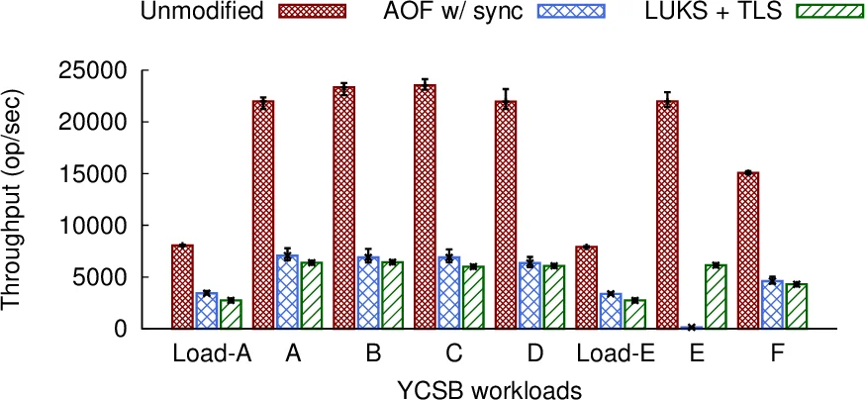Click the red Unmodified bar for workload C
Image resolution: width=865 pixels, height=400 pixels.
[426, 207]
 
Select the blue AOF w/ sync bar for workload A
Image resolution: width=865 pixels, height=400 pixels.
[288, 292]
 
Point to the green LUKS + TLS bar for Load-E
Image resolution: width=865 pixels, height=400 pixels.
[635, 314]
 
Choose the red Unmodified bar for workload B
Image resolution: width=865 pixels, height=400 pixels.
[344, 207]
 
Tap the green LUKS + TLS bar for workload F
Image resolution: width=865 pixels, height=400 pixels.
[797, 306]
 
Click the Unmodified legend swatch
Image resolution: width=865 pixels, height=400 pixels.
[317, 13]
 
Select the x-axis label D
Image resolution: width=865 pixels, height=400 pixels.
[532, 353]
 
